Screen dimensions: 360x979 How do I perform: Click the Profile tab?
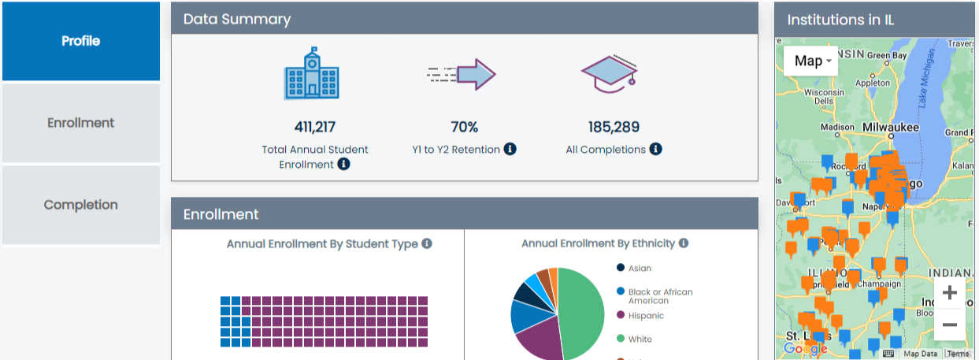click(x=81, y=41)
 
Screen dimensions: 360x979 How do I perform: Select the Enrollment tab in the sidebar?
click(x=81, y=123)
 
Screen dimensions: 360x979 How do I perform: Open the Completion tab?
click(x=81, y=205)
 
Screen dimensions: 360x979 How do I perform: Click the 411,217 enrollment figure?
click(x=315, y=127)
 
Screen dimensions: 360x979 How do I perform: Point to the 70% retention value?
click(x=464, y=127)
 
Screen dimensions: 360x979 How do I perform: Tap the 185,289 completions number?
click(x=614, y=127)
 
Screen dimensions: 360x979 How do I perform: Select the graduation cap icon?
click(x=609, y=73)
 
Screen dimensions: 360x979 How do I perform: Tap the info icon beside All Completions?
click(x=655, y=149)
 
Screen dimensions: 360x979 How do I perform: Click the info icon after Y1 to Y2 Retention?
click(x=510, y=149)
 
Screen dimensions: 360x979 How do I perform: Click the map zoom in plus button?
click(x=949, y=293)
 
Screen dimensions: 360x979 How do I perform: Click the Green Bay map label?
click(x=888, y=56)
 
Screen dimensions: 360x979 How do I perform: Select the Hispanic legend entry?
click(x=645, y=316)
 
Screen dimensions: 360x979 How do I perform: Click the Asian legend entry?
click(x=639, y=269)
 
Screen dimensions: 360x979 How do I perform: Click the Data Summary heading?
click(x=237, y=19)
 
